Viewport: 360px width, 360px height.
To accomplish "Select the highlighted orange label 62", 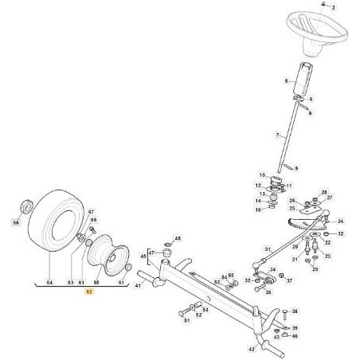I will pos(88,292).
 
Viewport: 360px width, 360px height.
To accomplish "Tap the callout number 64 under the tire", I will pos(50,281).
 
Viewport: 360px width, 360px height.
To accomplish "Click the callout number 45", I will pos(143,256).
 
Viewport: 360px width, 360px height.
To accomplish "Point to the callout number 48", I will pos(178,238).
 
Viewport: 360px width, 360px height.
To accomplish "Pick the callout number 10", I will pos(260,175).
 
